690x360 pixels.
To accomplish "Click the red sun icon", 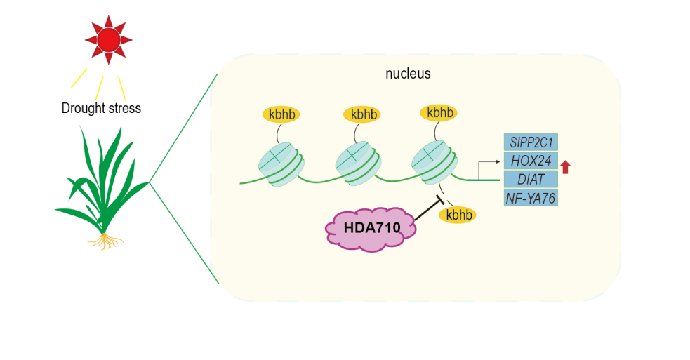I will pyautogui.click(x=108, y=39).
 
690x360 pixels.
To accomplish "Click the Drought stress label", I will pyautogui.click(x=101, y=108).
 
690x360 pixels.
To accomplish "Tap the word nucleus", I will pyautogui.click(x=408, y=74).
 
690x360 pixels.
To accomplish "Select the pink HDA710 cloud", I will pyautogui.click(x=369, y=227).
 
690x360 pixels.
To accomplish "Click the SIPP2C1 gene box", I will pyautogui.click(x=531, y=143).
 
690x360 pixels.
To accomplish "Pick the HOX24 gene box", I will pyautogui.click(x=531, y=161).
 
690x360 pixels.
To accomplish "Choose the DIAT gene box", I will pyautogui.click(x=531, y=180).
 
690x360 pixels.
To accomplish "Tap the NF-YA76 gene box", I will pyautogui.click(x=531, y=198).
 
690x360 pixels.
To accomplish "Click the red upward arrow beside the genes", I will pyautogui.click(x=566, y=167).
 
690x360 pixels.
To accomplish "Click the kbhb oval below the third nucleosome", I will pyautogui.click(x=459, y=215).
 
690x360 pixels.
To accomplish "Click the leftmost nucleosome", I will pyautogui.click(x=281, y=164).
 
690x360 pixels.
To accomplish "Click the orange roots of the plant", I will pyautogui.click(x=107, y=241).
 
